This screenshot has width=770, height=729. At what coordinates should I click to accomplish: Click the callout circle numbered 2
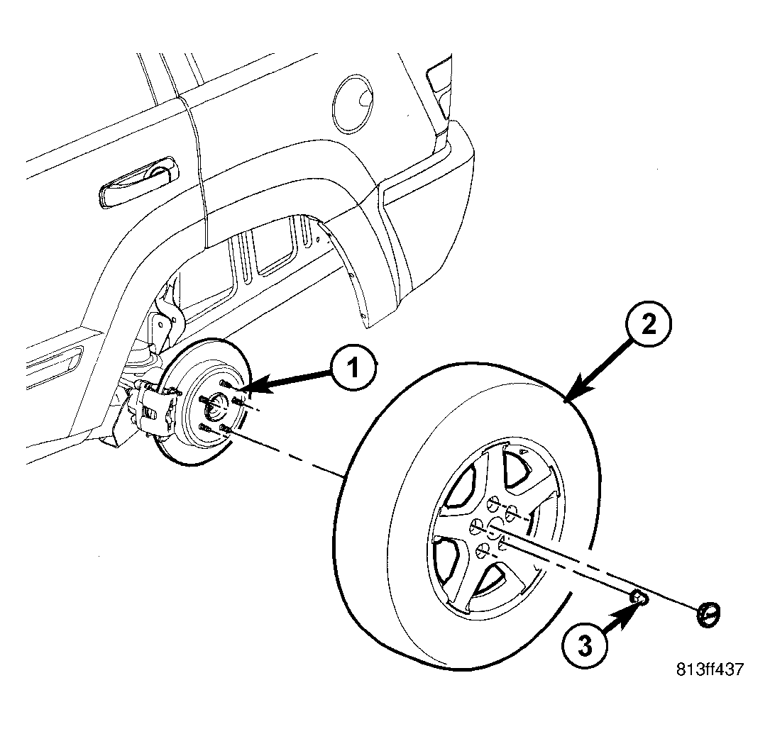pos(649,324)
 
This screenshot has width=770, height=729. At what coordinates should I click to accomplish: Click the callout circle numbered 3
pos(584,645)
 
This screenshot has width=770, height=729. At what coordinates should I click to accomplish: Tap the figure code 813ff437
pos(710,669)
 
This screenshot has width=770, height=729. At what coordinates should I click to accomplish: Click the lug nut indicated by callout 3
pos(638,598)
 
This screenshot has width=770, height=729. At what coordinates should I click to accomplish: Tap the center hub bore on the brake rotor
pos(214,406)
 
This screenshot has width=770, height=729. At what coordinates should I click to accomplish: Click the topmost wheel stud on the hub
pos(224,383)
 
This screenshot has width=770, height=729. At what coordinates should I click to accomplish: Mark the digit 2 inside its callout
pos(649,324)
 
